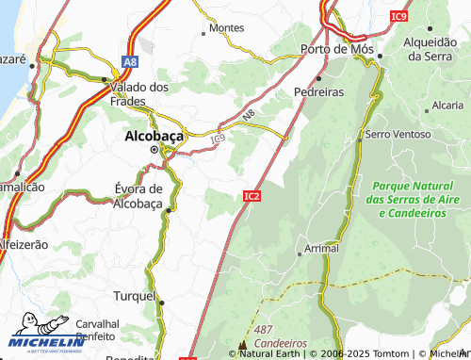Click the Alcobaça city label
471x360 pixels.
pyautogui.click(x=155, y=135)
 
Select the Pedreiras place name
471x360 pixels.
pyautogui.click(x=318, y=92)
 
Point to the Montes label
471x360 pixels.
pyautogui.click(x=226, y=28)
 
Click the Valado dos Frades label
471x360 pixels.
pyautogui.click(x=139, y=93)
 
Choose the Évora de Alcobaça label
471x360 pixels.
pyautogui.click(x=138, y=196)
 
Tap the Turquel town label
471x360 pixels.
pyautogui.click(x=134, y=295)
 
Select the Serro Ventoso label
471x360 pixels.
pyautogui.click(x=398, y=135)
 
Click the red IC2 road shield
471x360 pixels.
pyautogui.click(x=252, y=196)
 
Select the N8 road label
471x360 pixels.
pyautogui.click(x=249, y=116)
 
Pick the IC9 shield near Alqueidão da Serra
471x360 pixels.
pyautogui.click(x=400, y=17)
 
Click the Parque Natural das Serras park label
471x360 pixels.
pyautogui.click(x=414, y=200)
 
